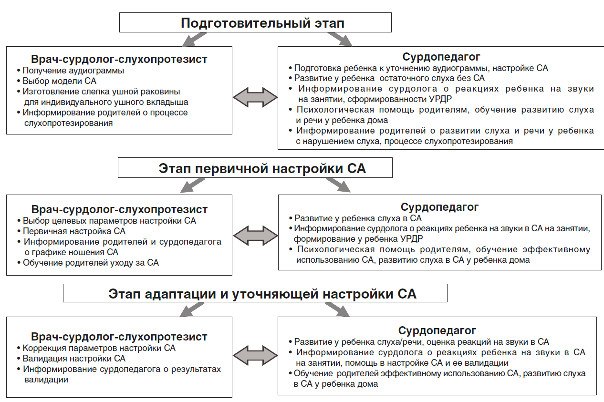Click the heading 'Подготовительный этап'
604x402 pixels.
point(262,23)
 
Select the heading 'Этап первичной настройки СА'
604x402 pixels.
point(262,169)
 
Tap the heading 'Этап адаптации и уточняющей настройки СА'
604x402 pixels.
point(262,294)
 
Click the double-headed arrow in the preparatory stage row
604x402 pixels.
point(255,97)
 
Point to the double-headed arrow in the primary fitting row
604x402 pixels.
point(255,235)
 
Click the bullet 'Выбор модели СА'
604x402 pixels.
point(60,81)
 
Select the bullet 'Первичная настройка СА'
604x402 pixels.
point(74,231)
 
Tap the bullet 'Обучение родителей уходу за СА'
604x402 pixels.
point(91,262)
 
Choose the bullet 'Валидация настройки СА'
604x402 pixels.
point(74,358)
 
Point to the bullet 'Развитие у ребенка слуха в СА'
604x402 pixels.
point(358,218)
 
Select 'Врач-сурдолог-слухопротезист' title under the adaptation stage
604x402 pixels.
point(119,337)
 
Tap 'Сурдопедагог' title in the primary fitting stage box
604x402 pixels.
point(439,207)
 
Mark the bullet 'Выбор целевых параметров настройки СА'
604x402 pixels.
point(109,221)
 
